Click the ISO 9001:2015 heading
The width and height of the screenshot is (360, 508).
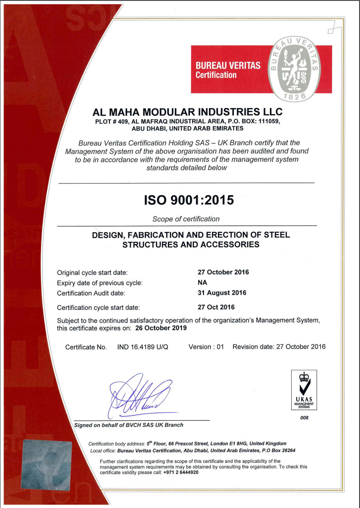(189, 200)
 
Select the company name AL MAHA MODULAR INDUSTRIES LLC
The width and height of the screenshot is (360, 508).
(187, 111)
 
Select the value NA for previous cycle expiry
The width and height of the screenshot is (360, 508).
(202, 282)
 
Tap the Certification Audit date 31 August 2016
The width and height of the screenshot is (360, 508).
(222, 292)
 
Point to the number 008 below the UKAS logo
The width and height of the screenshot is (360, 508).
(304, 417)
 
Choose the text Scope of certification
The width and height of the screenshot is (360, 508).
(186, 219)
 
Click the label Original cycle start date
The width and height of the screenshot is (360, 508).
(92, 273)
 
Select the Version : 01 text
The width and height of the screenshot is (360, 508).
(206, 347)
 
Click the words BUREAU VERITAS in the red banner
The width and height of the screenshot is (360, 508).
(227, 66)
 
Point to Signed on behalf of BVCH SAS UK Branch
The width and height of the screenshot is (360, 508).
(128, 425)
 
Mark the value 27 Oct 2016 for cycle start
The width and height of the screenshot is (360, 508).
(216, 307)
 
